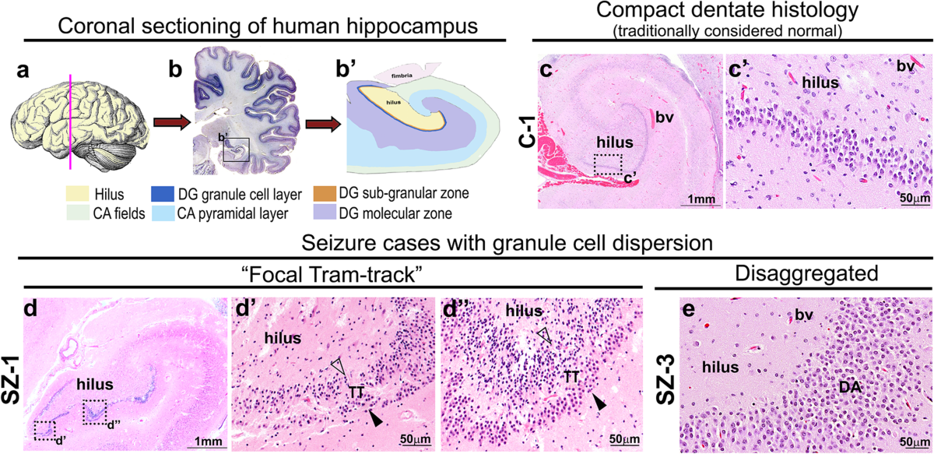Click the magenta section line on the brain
(72, 117)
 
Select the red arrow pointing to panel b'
(318, 123)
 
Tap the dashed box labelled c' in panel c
(608, 164)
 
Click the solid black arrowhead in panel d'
(376, 420)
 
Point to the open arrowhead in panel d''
(543, 336)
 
